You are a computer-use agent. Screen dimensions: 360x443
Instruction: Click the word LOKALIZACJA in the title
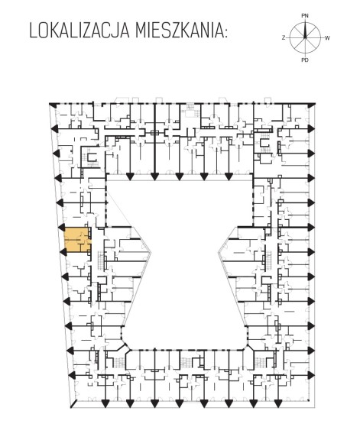coord(79,31)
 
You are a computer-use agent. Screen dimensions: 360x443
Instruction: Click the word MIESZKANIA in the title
coord(179,31)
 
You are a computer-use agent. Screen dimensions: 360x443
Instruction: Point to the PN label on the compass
coord(305,16)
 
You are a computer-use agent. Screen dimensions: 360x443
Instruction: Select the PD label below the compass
coord(305,60)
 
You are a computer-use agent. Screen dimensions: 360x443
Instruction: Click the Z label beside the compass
coord(284,38)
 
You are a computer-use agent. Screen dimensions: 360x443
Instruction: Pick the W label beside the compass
coord(327,38)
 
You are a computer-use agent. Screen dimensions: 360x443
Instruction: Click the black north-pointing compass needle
coord(305,30)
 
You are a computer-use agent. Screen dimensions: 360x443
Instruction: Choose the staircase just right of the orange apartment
coord(101,260)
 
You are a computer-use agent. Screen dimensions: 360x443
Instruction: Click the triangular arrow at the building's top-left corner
coord(52,105)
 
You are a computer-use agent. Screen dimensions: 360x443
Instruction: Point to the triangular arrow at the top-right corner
coord(312,105)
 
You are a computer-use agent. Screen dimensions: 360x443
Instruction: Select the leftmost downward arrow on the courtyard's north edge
coord(130,176)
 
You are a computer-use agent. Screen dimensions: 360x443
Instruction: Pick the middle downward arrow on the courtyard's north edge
coord(179,176)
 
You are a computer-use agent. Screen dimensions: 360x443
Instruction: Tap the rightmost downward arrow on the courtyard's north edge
coord(229,176)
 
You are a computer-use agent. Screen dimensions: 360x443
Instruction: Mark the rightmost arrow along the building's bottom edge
coord(278,404)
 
